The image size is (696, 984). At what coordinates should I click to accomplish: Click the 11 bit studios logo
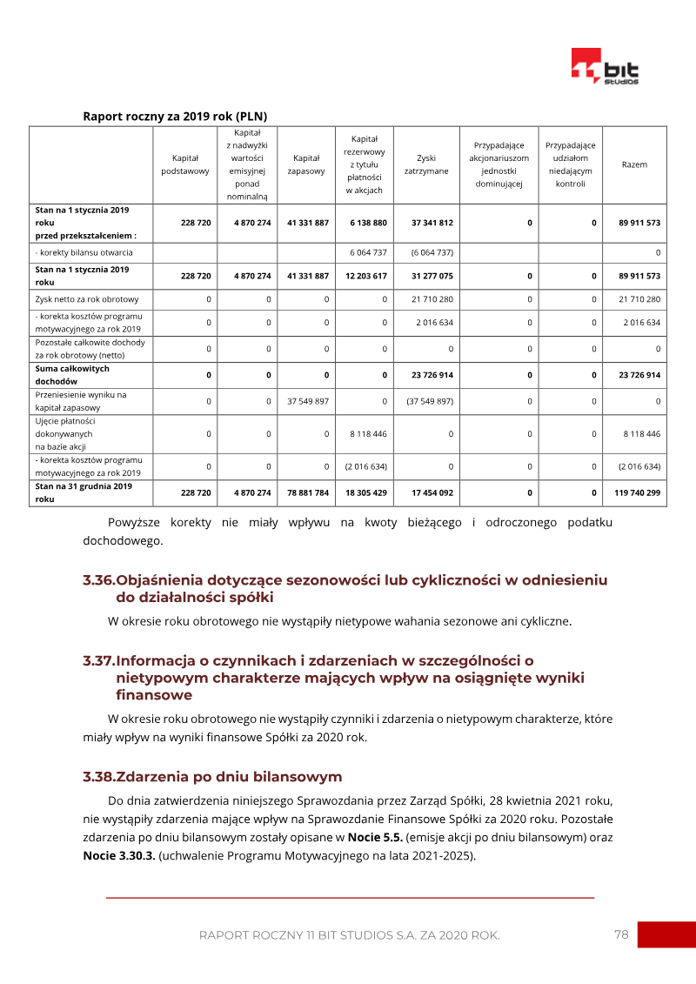pyautogui.click(x=605, y=67)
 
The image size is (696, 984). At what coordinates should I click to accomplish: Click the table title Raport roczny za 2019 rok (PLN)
pyautogui.click(x=175, y=116)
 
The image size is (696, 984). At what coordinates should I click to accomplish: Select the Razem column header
pyautogui.click(x=634, y=164)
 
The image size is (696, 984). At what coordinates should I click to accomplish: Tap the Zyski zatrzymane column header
pyautogui.click(x=426, y=164)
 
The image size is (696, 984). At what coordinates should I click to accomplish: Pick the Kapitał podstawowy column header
pyautogui.click(x=185, y=164)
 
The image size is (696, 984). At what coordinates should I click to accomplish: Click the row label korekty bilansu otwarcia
pyautogui.click(x=90, y=252)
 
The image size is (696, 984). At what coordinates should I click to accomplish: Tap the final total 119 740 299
pyautogui.click(x=638, y=492)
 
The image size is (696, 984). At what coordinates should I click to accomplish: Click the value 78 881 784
pyautogui.click(x=308, y=492)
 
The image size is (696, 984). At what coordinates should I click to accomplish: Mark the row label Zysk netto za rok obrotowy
pyautogui.click(x=87, y=299)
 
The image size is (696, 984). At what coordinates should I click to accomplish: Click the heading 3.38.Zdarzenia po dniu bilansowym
pyautogui.click(x=212, y=776)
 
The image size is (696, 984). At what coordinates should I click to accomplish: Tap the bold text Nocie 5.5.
pyautogui.click(x=374, y=837)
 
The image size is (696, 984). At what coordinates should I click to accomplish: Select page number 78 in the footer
pyautogui.click(x=621, y=934)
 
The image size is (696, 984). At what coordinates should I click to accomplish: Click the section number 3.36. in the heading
pyautogui.click(x=98, y=580)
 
